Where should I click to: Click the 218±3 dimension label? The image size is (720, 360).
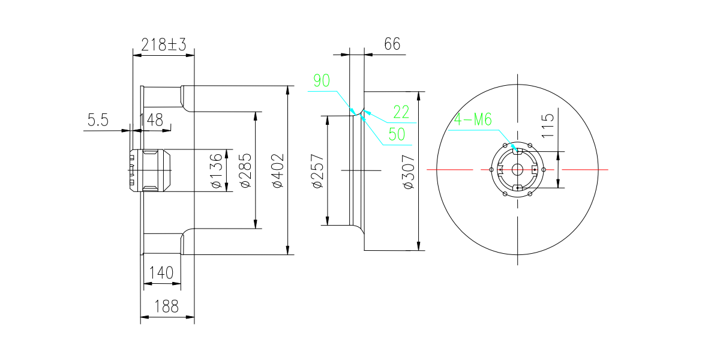(164, 44)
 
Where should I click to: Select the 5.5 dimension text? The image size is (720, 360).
(98, 120)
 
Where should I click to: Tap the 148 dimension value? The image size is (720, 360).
(151, 120)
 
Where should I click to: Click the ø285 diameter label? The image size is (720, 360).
(246, 170)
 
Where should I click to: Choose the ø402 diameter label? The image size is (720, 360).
(278, 170)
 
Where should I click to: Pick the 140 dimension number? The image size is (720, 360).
(161, 273)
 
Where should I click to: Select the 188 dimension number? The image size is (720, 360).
(167, 307)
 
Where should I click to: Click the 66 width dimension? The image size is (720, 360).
(392, 44)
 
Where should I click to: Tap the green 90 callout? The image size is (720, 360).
(322, 80)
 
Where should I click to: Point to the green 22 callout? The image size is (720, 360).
(401, 112)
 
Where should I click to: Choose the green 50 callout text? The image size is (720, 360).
(397, 134)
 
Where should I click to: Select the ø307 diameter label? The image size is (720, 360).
(409, 172)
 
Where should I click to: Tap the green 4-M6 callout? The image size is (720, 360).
(473, 120)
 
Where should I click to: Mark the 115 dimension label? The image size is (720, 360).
(548, 126)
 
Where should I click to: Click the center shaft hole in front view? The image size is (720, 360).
(517, 169)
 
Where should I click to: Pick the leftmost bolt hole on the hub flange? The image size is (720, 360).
(491, 169)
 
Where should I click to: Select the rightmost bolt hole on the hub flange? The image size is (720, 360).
(544, 169)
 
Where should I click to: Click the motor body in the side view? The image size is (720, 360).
(150, 170)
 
